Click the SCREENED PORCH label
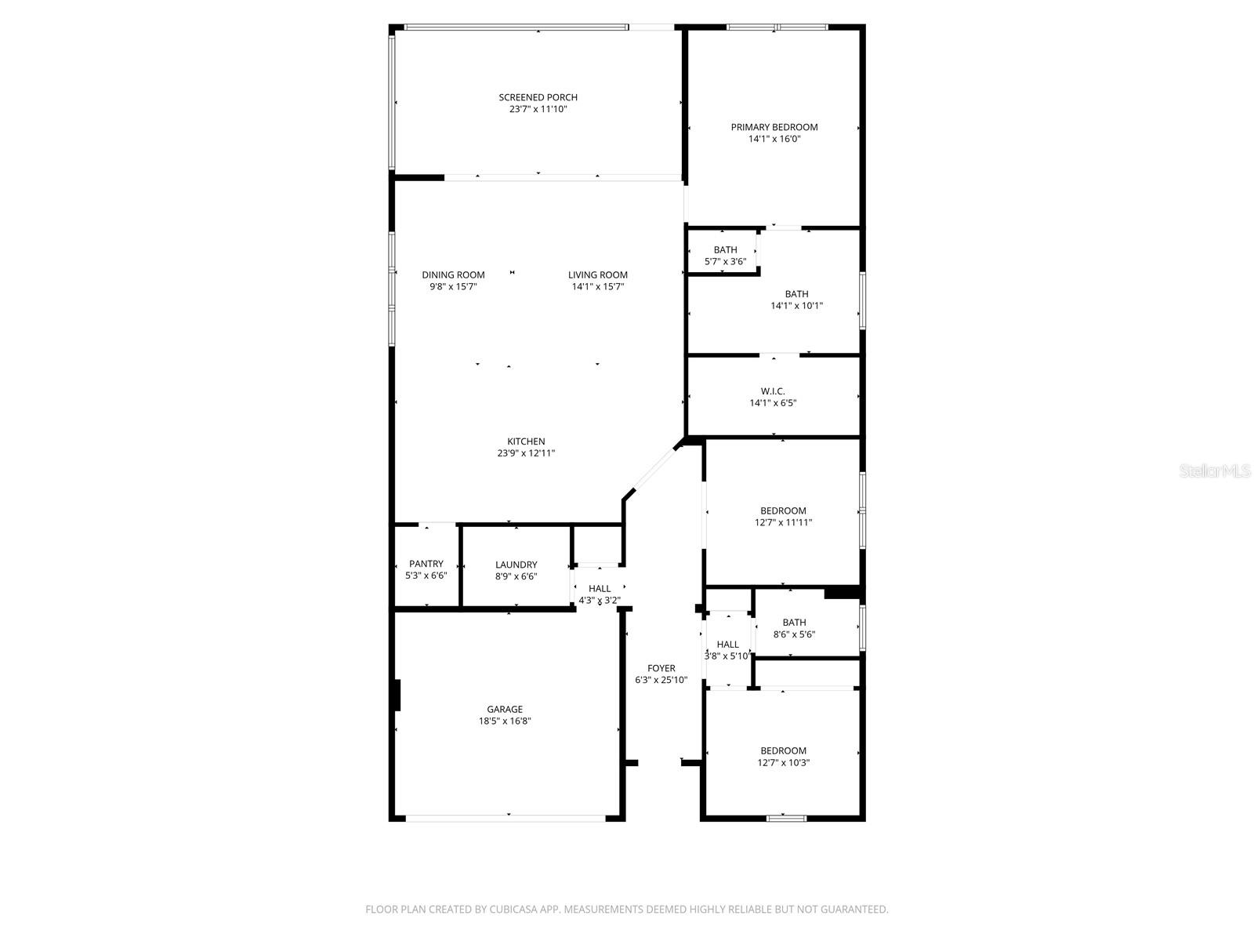[x=538, y=97]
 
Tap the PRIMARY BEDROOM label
[x=774, y=127]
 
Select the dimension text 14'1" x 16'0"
[x=774, y=139]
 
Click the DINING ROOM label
[x=453, y=274]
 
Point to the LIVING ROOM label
[x=598, y=274]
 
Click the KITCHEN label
[x=525, y=441]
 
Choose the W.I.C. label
[x=773, y=391]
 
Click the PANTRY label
[x=426, y=564]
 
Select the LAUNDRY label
[x=516, y=565]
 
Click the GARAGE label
[x=505, y=710]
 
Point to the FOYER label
[x=661, y=669]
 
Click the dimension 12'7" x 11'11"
[x=783, y=522]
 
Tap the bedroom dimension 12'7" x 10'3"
[x=783, y=762]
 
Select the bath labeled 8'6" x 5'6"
[x=794, y=628]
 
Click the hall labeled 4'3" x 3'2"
[x=600, y=594]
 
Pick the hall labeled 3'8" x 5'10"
[x=727, y=650]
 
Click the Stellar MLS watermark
[x=1216, y=470]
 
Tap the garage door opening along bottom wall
[x=506, y=818]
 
